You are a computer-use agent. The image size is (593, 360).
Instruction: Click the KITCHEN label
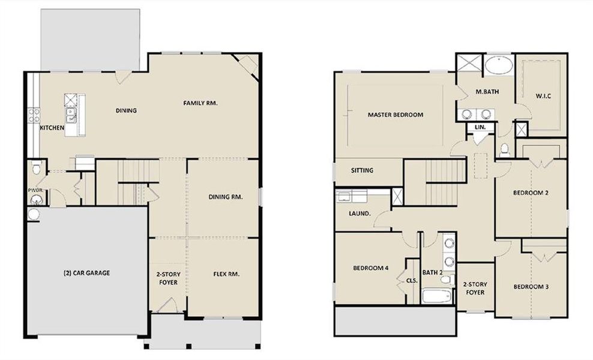pos(52,128)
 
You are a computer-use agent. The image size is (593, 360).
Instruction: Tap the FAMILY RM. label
pos(200,103)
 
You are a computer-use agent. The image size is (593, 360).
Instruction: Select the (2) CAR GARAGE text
pos(86,272)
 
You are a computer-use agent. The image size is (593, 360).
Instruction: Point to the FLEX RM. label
pos(226,274)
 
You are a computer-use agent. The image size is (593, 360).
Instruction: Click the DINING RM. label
pos(226,197)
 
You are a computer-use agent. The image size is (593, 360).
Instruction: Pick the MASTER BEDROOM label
pos(396,115)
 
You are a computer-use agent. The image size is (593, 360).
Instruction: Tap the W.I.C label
pos(540,95)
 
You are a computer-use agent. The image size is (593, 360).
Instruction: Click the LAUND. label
pos(360,214)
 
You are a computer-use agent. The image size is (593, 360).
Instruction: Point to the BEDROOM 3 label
pos(531,287)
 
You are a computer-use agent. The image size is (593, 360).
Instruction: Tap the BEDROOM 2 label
pos(531,193)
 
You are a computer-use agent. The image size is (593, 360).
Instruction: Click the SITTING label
pos(362,170)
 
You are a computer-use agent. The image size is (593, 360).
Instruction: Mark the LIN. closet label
pos(480,128)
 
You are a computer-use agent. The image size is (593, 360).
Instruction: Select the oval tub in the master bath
pos(498,65)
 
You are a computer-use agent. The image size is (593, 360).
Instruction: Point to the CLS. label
pos(412,280)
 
